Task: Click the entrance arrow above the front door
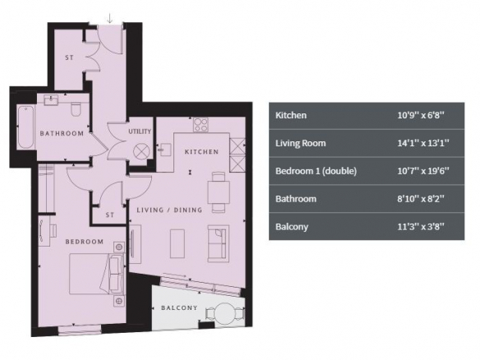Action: pyautogui.click(x=109, y=18)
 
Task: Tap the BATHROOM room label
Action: pyautogui.click(x=62, y=133)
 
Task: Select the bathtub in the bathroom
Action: pyautogui.click(x=25, y=127)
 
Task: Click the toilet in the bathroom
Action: pyautogui.click(x=76, y=109)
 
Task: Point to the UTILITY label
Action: pyautogui.click(x=140, y=132)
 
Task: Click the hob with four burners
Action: pyautogui.click(x=201, y=125)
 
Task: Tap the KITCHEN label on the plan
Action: pyautogui.click(x=201, y=152)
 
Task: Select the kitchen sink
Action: pyautogui.click(x=165, y=150)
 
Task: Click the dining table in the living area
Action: pyautogui.click(x=219, y=192)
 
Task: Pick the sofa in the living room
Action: pyautogui.click(x=219, y=243)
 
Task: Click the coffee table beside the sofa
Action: pyautogui.click(x=178, y=243)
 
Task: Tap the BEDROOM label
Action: pyautogui.click(x=85, y=242)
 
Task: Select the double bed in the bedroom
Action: pyautogui.click(x=97, y=274)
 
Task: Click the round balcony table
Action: pyautogui.click(x=224, y=313)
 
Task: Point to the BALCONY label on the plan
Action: pyautogui.click(x=179, y=307)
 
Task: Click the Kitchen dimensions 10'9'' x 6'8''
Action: pyautogui.click(x=421, y=115)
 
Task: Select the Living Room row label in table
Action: pyautogui.click(x=301, y=143)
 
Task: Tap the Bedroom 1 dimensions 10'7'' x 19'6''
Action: pyautogui.click(x=423, y=171)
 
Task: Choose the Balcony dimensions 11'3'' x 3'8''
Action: pyautogui.click(x=421, y=227)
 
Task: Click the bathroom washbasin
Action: pyautogui.click(x=51, y=100)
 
